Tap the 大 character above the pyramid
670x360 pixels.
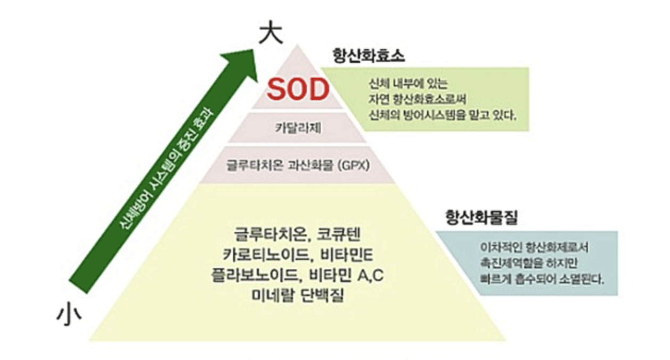click(269, 34)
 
